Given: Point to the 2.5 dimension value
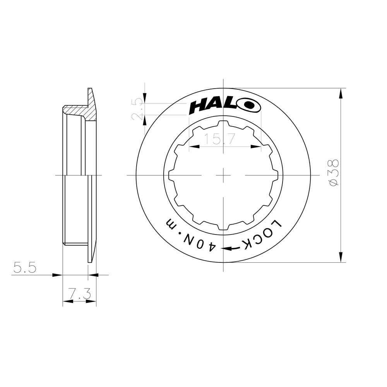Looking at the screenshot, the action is tap(137, 110).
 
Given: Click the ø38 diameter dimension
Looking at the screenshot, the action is tap(333, 172).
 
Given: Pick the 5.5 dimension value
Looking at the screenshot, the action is tap(25, 267).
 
